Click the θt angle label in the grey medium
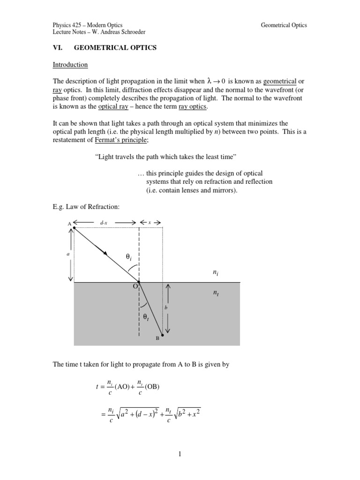click(146, 317)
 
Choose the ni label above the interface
click(215, 271)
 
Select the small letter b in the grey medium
click(165, 307)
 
